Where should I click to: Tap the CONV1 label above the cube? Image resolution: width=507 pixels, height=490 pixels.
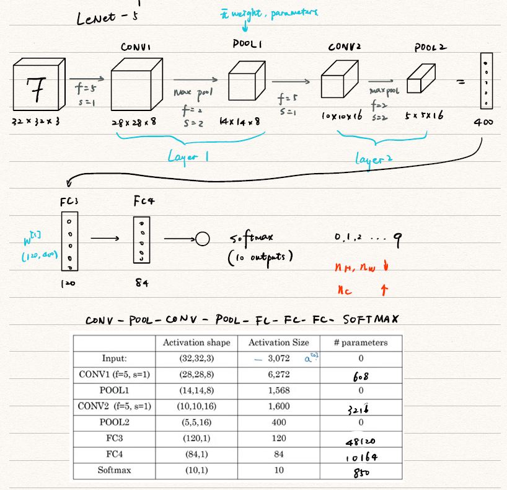coord(134,48)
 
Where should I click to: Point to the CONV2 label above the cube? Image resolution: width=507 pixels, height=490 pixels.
coord(346,47)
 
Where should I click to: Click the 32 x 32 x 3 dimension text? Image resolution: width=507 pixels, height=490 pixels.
coord(36,123)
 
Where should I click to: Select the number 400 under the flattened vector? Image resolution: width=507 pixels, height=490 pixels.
coord(484,123)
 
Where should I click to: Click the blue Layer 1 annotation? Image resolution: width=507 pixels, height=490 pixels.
coord(188,158)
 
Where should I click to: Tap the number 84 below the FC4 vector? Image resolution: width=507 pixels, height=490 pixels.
coord(141,283)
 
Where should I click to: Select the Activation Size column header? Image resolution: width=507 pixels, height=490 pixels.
coord(278,342)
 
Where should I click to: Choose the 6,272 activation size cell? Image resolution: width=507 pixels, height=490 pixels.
coord(278,375)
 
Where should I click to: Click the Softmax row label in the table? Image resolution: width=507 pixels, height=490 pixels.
coord(114,470)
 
